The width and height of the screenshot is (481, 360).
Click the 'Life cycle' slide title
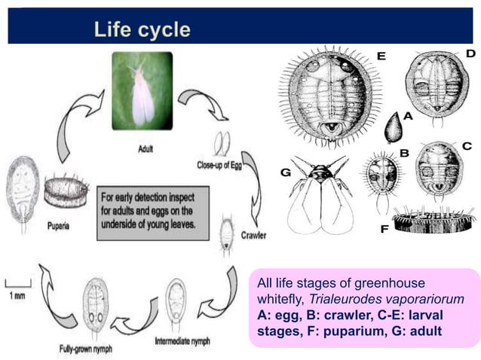coord(142,30)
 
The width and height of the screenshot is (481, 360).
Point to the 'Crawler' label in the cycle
coord(253,235)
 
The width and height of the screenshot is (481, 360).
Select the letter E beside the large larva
coord(381,56)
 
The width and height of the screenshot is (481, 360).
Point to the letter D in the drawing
coord(470,53)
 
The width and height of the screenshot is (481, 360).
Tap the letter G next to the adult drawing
coord(286,172)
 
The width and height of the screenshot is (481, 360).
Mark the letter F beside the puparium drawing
coord(384,228)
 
